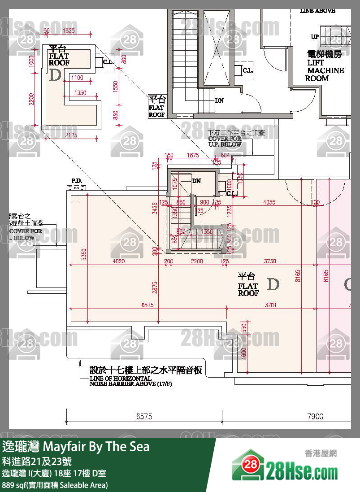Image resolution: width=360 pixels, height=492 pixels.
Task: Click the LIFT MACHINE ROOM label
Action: click(325, 66)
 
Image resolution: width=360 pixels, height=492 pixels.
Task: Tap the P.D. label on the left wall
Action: click(76, 181)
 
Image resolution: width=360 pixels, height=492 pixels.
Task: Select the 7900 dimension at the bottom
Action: click(315, 417)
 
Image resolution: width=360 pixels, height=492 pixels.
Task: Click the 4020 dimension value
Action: click(119, 261)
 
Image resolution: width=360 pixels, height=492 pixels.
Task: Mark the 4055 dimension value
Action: click(269, 202)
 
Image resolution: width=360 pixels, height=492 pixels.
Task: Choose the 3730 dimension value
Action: click(270, 261)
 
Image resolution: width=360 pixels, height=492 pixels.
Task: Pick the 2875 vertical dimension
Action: click(155, 287)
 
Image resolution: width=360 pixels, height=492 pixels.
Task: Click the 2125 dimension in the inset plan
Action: click(71, 135)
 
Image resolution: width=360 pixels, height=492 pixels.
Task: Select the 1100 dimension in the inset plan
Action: click(77, 78)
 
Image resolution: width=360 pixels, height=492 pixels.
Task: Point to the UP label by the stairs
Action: click(315, 37)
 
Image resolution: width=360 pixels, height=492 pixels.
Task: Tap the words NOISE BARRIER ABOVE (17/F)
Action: click(131, 384)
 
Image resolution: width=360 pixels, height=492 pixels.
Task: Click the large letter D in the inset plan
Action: click(55, 75)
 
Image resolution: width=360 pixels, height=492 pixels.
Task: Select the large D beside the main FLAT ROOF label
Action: click(273, 284)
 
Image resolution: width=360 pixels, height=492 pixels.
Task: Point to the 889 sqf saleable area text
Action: click(55, 485)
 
